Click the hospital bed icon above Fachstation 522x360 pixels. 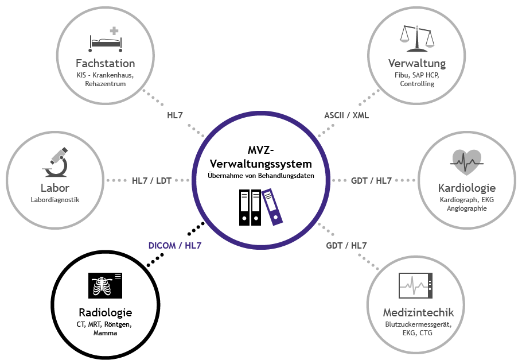(106, 38)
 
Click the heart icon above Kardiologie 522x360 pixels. (466, 162)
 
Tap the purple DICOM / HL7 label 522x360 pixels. (175, 245)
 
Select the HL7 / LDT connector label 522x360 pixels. (151, 180)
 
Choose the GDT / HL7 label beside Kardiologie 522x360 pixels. (371, 180)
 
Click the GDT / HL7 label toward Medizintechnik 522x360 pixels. (346, 245)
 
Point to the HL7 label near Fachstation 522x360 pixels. (175, 115)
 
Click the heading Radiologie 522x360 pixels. (105, 312)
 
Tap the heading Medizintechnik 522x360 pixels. (418, 312)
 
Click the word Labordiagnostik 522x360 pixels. (55, 200)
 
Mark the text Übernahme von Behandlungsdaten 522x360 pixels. (261, 175)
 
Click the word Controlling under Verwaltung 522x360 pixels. (417, 84)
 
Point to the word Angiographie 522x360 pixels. (466, 208)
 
